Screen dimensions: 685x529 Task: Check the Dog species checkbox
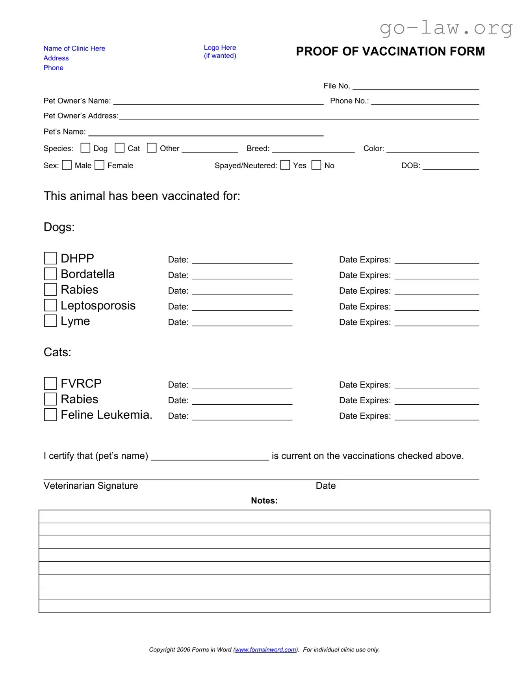point(85,148)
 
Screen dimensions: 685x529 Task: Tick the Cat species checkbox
point(119,148)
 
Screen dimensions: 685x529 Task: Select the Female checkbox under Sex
point(100,165)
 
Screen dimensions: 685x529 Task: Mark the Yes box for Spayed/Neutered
point(285,165)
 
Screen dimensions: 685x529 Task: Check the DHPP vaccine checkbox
point(50,258)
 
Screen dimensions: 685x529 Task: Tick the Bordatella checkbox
point(50,274)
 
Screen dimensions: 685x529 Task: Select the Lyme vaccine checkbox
point(50,321)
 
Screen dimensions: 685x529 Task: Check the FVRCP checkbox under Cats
point(50,383)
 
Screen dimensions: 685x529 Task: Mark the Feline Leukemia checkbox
point(50,415)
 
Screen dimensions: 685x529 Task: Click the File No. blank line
point(416,86)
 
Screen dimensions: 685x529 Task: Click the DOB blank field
point(451,166)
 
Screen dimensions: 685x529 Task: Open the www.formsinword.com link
point(265,650)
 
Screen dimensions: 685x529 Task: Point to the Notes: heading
point(264,501)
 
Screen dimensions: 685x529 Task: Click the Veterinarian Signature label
point(91,486)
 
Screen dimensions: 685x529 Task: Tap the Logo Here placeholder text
point(220,48)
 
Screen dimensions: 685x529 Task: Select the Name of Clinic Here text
point(74,48)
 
